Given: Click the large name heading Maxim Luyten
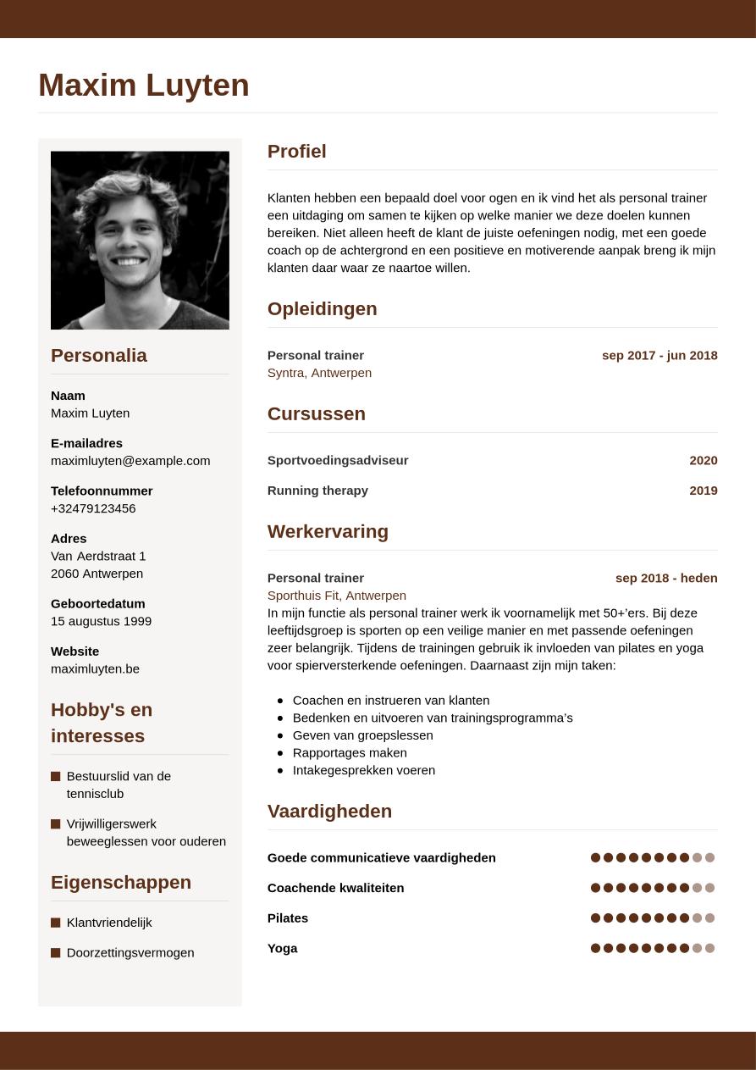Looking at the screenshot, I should tap(144, 86).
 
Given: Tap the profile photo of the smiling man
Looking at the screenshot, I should tap(140, 240).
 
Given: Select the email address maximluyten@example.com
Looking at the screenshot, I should tap(130, 461).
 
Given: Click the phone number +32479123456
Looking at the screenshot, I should tap(93, 508).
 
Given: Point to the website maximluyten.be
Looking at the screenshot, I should tap(95, 669).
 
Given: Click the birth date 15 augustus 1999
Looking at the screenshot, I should tap(101, 621).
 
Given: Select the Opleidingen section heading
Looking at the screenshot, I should tap(322, 309).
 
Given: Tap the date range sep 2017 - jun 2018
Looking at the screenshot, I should tap(659, 356).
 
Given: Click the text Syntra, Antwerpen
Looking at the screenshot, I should tap(319, 373).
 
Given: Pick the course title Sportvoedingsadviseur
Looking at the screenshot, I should tap(338, 461).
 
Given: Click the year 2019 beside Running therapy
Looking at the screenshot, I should tap(703, 491).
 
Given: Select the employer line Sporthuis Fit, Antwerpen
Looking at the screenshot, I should tap(336, 596).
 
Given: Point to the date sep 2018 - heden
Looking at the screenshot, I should tap(666, 579).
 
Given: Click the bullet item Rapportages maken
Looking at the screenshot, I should tap(350, 753).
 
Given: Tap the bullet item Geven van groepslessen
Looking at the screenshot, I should tap(362, 735).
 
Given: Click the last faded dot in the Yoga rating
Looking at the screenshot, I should tap(710, 949).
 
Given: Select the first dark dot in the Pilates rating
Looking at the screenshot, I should tap(595, 918).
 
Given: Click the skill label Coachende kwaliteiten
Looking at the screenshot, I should tap(335, 889).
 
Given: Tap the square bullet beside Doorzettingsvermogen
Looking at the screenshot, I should tap(56, 953).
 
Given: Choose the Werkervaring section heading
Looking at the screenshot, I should tap(328, 532).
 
